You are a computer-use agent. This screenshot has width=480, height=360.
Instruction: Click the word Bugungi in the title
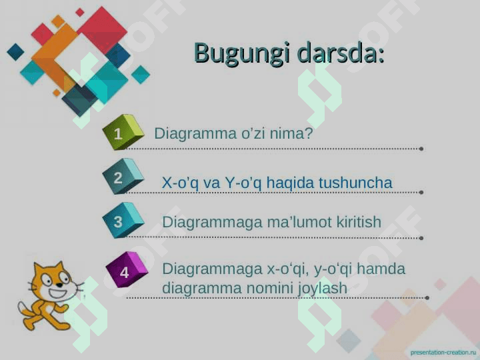242,54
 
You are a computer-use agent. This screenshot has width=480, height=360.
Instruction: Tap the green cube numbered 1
123,132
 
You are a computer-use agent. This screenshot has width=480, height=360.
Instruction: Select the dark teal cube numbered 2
123,176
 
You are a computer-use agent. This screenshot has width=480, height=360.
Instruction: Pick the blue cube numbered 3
123,221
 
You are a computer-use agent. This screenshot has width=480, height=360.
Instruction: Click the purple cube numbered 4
127,270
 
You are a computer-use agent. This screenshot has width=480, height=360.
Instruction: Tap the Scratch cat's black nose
59,285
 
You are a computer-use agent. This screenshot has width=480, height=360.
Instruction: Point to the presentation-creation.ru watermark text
443,353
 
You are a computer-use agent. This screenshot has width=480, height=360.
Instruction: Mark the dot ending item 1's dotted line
421,149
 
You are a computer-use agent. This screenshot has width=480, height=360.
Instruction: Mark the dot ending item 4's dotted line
427,297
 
